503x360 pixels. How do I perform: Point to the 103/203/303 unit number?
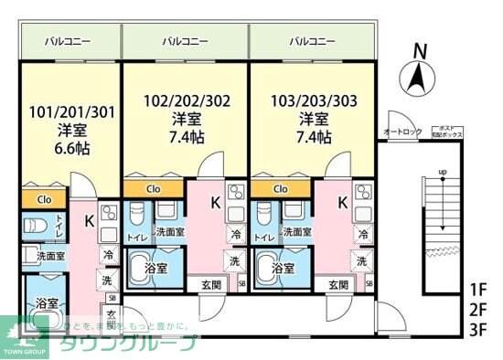[x=314, y=102]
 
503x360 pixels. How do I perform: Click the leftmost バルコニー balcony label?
[x=70, y=41]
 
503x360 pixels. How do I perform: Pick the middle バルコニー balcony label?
[x=186, y=41]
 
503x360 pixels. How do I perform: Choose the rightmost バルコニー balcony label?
[x=313, y=41]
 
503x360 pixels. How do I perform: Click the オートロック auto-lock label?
[x=402, y=132]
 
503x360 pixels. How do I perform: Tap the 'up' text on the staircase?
[x=443, y=172]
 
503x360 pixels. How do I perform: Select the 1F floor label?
[x=478, y=290]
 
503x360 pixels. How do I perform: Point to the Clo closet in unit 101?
[x=43, y=198]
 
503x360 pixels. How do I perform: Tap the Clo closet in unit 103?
[x=281, y=189]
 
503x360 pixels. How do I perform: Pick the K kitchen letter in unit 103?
[x=342, y=203]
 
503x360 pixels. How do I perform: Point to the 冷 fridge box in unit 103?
[x=364, y=235]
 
